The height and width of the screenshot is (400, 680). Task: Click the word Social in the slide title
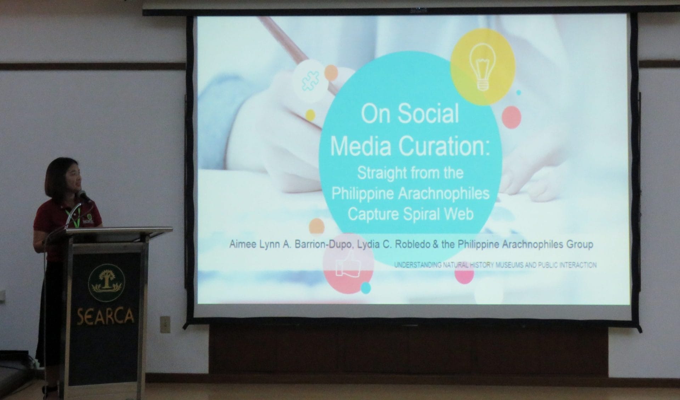click(x=429, y=114)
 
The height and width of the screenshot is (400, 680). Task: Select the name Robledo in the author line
click(x=411, y=245)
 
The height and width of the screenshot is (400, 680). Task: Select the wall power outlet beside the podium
click(x=165, y=324)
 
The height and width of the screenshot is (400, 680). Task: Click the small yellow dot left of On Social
click(x=310, y=115)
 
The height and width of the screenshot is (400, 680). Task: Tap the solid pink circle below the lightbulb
click(x=511, y=117)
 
